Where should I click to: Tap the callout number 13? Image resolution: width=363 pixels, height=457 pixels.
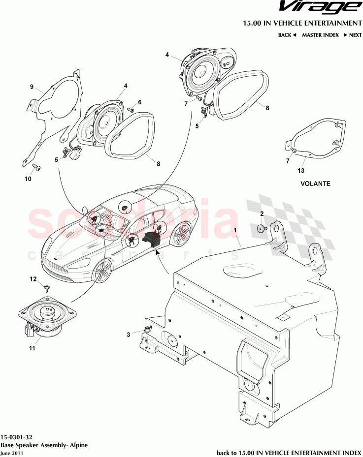(301, 171)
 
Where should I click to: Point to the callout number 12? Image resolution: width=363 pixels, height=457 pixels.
(33, 279)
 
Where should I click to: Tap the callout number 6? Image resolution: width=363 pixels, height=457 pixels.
(140, 102)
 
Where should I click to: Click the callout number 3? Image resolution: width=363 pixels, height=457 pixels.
(129, 335)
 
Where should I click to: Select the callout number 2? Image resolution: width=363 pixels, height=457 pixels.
(262, 213)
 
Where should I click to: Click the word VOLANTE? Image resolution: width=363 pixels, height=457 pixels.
(315, 183)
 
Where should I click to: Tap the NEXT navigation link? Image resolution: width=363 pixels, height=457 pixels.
(353, 35)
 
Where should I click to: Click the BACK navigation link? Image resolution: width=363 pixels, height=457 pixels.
(287, 35)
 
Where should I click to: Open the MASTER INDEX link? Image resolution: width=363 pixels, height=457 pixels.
(320, 35)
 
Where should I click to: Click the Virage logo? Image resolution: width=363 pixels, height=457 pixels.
(317, 8)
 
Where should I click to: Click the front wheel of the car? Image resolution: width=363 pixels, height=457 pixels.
(102, 271)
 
